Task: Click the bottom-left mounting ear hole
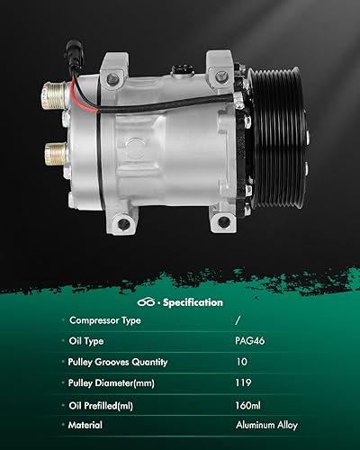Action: (123, 220)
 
